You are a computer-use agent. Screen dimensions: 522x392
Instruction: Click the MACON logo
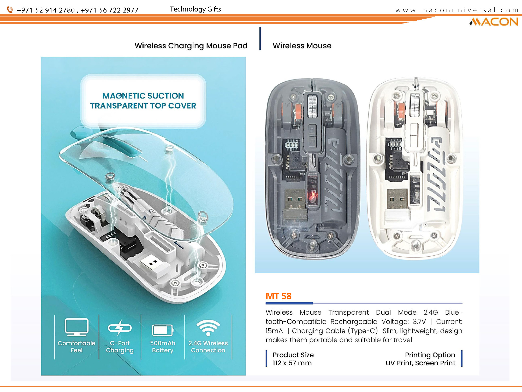(x=494, y=22)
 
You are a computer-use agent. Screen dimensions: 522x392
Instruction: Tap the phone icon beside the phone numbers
(x=10, y=10)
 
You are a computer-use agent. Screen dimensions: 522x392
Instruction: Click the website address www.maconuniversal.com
(x=456, y=10)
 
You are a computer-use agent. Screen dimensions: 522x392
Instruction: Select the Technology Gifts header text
(x=195, y=9)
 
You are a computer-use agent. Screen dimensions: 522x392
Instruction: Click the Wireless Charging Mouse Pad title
(x=191, y=46)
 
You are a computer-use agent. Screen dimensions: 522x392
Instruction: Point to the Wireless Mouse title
(x=302, y=46)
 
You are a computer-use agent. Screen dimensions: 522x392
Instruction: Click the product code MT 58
(x=278, y=296)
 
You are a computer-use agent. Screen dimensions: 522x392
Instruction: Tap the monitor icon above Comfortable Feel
(x=76, y=327)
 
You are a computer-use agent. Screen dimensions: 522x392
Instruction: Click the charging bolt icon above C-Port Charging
(x=120, y=327)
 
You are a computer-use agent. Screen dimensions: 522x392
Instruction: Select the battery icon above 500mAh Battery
(x=163, y=330)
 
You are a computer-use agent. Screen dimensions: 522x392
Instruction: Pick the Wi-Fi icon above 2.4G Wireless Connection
(x=208, y=328)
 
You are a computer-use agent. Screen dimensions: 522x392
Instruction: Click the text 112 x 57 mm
(x=292, y=363)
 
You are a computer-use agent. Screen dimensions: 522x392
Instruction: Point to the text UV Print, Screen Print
(x=420, y=363)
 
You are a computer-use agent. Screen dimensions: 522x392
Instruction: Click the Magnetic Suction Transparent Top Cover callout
(x=143, y=101)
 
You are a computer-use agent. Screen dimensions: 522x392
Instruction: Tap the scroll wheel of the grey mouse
(x=312, y=106)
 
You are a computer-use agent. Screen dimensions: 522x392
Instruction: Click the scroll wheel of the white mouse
(x=414, y=106)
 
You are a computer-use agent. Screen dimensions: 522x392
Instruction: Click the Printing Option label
(x=430, y=355)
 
